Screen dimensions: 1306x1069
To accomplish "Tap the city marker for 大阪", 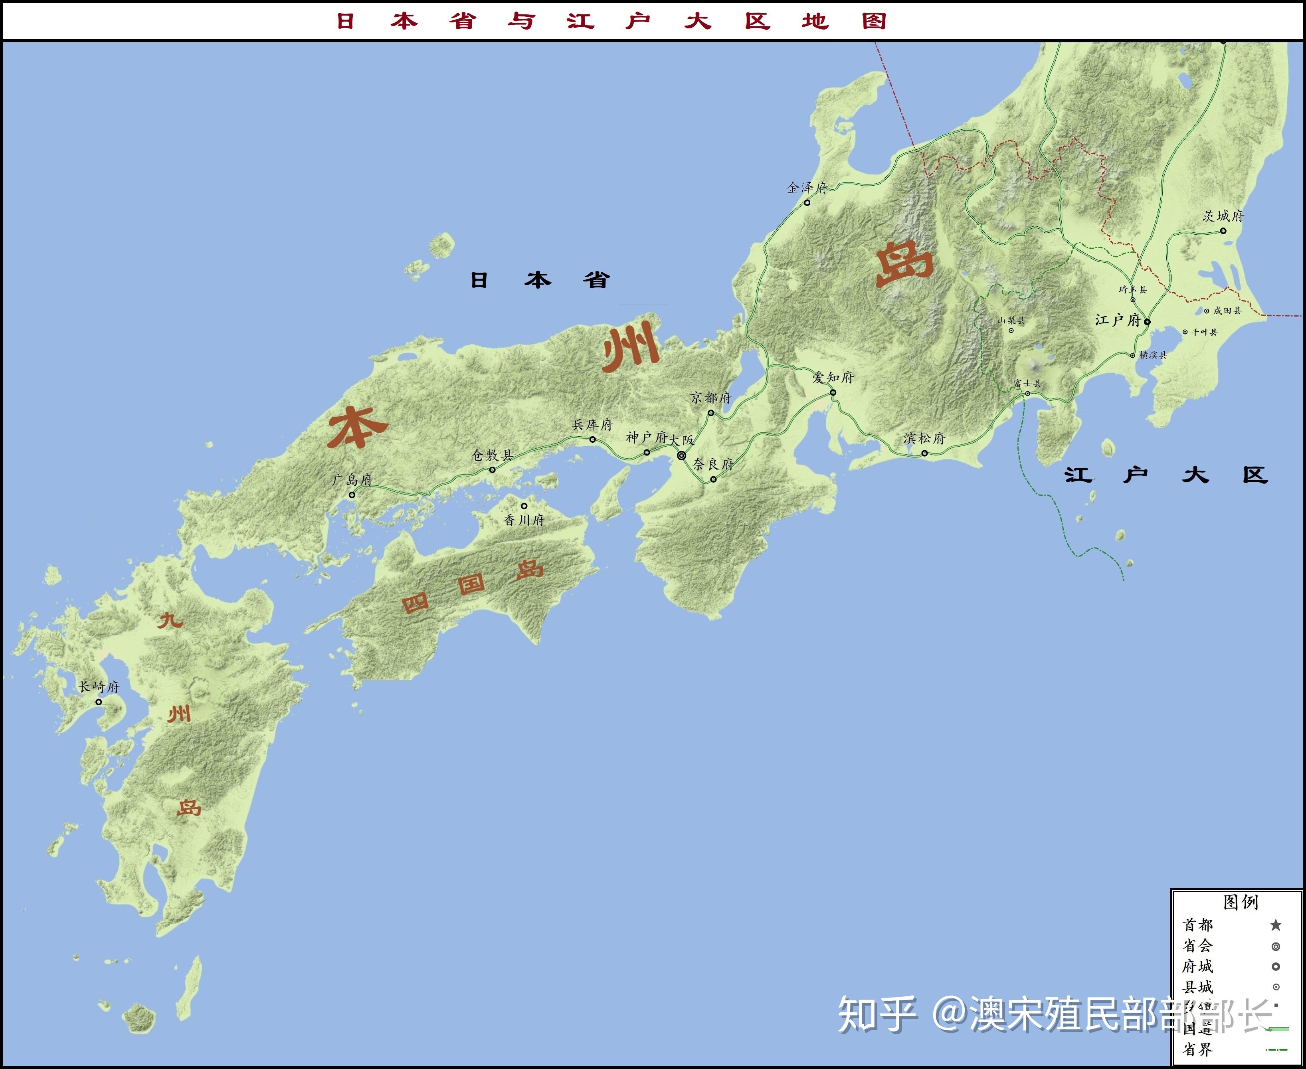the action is [x=682, y=456].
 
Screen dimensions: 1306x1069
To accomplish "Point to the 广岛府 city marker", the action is [x=352, y=495].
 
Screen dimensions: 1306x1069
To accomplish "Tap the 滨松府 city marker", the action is [x=924, y=453].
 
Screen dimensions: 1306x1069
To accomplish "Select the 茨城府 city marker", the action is [x=1223, y=231].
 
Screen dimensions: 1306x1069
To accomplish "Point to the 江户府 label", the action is [x=1118, y=320].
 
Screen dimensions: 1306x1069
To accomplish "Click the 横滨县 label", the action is [x=1153, y=355].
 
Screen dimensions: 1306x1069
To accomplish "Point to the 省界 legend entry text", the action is [x=1197, y=1049].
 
